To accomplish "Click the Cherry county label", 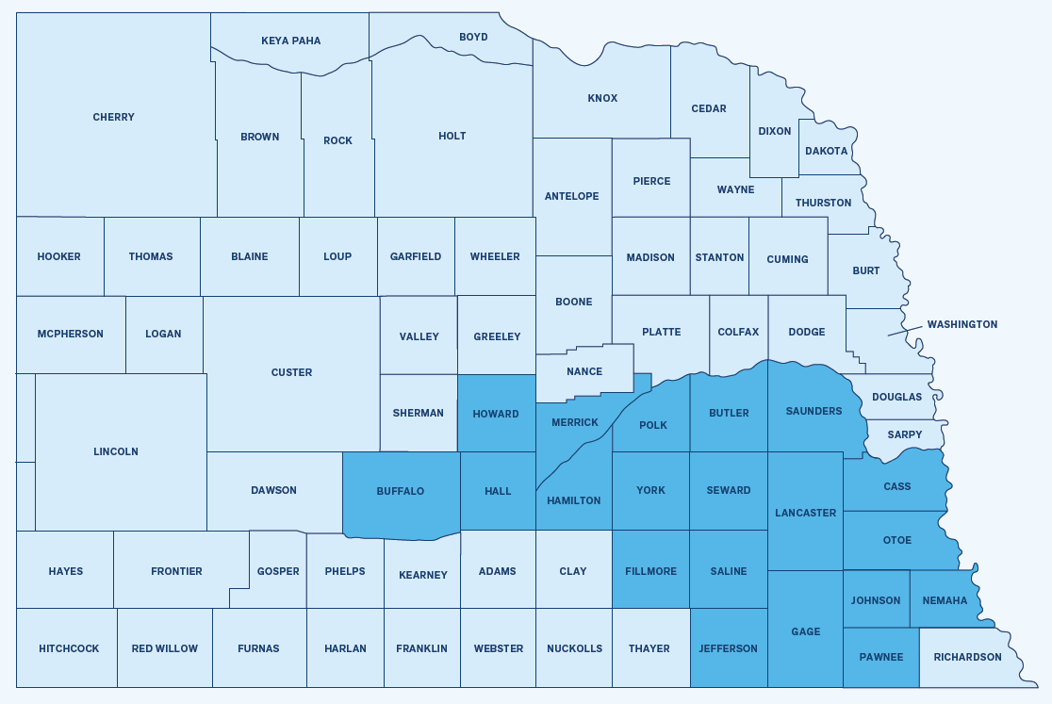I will coord(113,118).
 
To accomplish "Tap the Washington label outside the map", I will coord(962,324).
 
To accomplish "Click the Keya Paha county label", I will coord(290,41).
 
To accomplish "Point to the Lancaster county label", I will coord(805,513).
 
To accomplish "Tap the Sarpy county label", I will coord(905,434).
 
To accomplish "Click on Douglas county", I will coord(896,397).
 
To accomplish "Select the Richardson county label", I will coord(967,657).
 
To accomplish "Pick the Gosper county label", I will coord(278,571).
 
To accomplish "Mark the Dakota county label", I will coord(827,151).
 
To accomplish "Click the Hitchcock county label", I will coord(69,648).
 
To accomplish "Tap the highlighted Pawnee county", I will coord(880,657).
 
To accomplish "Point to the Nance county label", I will coord(584,371).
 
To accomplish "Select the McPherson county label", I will coord(71,334).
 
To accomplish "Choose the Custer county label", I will coord(291,372).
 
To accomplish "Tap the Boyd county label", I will coord(473,37).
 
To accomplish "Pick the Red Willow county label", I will coord(165,648).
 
